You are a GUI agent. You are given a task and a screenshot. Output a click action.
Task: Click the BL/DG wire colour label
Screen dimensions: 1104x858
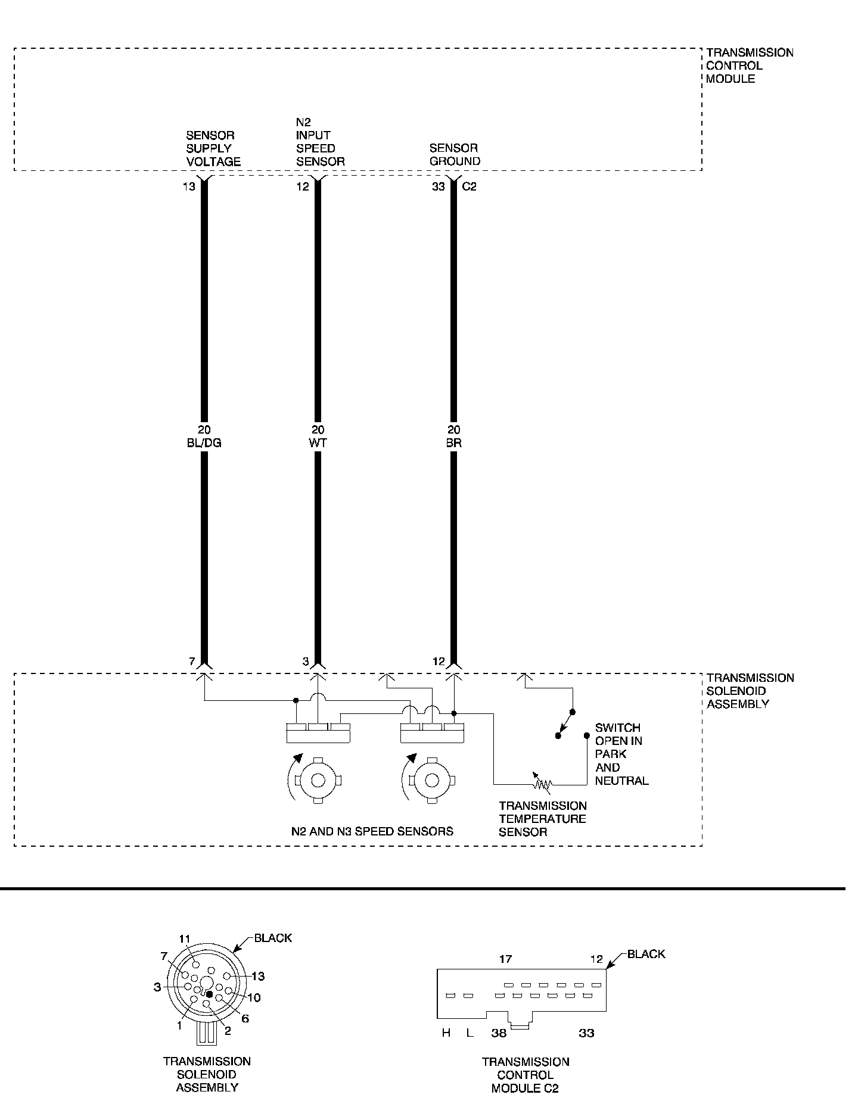click(204, 443)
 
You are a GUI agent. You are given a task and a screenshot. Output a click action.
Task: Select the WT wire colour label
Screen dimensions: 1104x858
click(318, 443)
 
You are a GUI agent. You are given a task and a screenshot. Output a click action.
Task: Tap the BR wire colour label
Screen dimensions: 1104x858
click(453, 443)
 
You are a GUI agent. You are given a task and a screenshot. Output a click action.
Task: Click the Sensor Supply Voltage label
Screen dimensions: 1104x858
click(213, 148)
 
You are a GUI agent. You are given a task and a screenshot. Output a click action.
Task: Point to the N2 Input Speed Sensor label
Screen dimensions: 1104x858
click(320, 142)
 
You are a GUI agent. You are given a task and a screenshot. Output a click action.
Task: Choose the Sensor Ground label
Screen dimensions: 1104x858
click(455, 154)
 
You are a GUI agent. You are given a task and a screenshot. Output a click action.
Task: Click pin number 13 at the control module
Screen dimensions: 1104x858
click(189, 186)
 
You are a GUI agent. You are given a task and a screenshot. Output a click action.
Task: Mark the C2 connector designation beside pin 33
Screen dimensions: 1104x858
click(470, 186)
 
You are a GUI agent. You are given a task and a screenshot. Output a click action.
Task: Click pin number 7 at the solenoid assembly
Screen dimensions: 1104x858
click(191, 661)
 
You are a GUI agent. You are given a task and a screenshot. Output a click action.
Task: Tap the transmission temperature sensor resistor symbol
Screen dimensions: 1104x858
click(542, 784)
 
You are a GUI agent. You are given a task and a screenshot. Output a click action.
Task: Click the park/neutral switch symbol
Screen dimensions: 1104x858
click(565, 724)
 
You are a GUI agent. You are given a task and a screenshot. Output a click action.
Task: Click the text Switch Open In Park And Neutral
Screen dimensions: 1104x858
click(620, 754)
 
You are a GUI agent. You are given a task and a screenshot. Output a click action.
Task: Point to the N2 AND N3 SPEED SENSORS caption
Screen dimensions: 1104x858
click(372, 831)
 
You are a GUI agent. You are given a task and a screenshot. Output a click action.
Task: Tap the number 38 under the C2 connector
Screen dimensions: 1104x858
click(499, 1033)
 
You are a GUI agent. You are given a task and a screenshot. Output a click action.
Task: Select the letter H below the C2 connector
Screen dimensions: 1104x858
click(446, 1033)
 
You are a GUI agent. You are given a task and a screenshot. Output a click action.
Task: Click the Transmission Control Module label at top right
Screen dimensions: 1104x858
click(749, 66)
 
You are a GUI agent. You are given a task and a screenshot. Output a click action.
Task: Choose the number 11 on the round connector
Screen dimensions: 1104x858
click(185, 939)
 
